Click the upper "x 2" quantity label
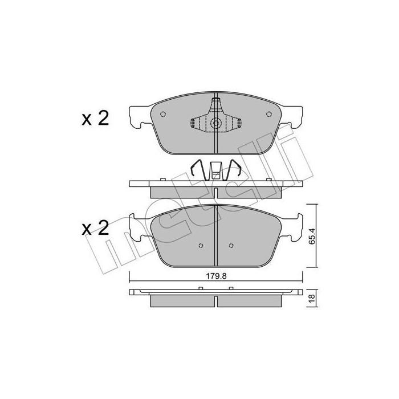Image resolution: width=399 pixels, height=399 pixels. tap(95, 119)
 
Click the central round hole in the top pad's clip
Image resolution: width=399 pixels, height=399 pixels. tap(215, 124)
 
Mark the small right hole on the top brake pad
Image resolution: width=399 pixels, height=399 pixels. tap(268, 114)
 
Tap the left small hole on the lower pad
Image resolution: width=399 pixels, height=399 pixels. tap(200, 246)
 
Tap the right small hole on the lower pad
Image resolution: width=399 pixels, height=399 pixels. tap(230, 246)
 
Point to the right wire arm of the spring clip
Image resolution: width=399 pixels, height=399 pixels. tap(234, 169)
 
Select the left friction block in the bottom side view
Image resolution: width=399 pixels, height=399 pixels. tap(181, 300)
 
